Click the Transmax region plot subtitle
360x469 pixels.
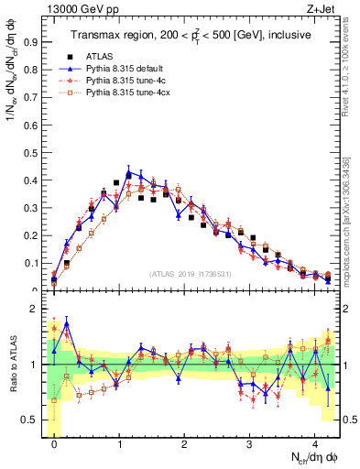(x=192, y=35)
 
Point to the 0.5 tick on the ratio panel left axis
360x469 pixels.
(x=32, y=420)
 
